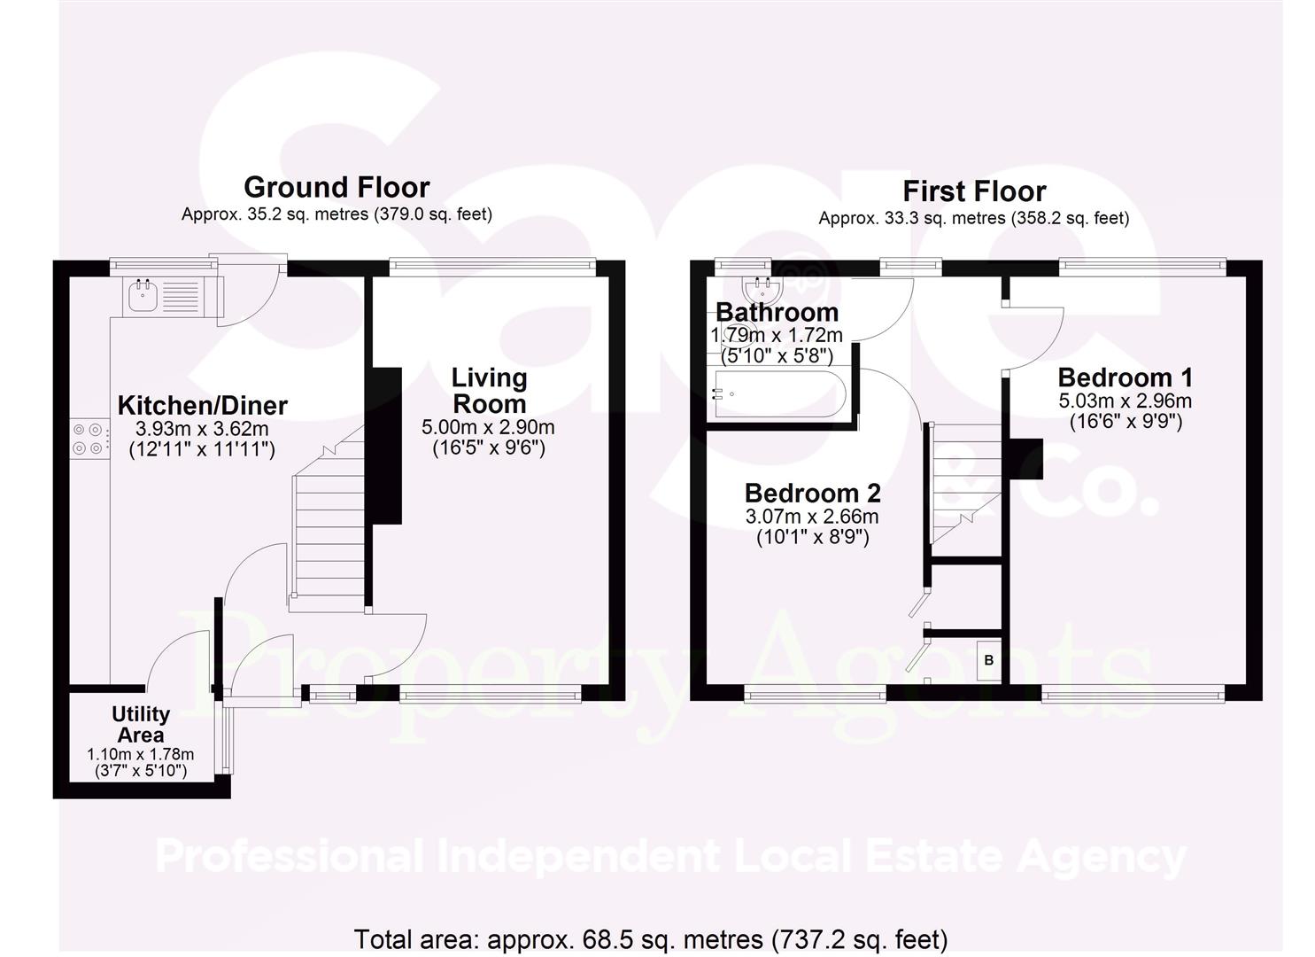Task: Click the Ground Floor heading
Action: click(336, 188)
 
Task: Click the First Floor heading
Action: click(974, 191)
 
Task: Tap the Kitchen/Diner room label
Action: click(203, 406)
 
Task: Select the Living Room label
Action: click(489, 391)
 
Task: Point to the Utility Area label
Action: click(141, 724)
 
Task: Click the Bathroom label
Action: click(777, 312)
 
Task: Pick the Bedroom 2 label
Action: click(812, 493)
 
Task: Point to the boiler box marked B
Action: click(988, 660)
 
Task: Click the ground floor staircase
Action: click(329, 532)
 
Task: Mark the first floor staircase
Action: click(965, 483)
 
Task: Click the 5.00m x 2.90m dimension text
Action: click(489, 428)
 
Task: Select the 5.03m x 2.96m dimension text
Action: click(1125, 401)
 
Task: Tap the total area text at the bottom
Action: click(651, 938)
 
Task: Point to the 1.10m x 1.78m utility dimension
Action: click(141, 755)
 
